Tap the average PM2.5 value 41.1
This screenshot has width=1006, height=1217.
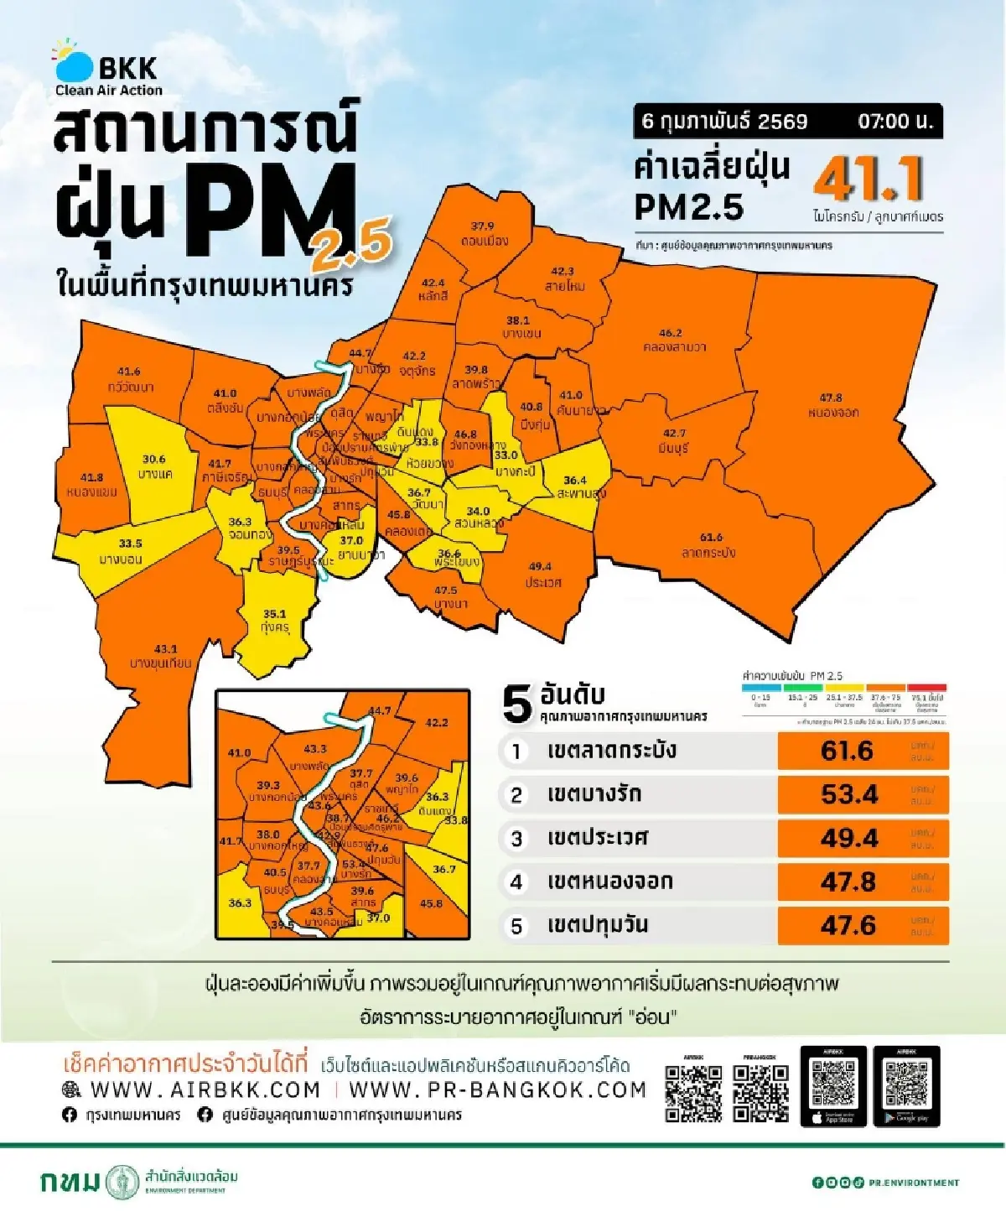pyautogui.click(x=868, y=179)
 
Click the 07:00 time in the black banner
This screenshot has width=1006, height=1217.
pyautogui.click(x=895, y=121)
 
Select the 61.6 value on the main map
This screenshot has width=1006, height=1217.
pyautogui.click(x=711, y=538)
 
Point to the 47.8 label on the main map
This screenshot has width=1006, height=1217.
pyautogui.click(x=831, y=398)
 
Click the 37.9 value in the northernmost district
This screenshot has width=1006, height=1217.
pyautogui.click(x=482, y=226)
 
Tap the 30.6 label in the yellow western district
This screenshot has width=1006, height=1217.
pyautogui.click(x=153, y=460)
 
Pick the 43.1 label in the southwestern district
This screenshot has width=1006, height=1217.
pyautogui.click(x=165, y=649)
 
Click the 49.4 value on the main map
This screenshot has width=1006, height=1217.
pyautogui.click(x=540, y=567)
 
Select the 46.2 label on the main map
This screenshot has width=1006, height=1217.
pyautogui.click(x=670, y=333)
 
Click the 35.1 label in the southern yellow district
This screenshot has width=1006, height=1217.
pyautogui.click(x=274, y=614)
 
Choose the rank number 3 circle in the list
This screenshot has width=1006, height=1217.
pyautogui.click(x=516, y=839)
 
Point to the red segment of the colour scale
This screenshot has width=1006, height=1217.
pyautogui.click(x=926, y=688)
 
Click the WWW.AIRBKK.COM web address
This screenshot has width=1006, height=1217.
pyautogui.click(x=205, y=1090)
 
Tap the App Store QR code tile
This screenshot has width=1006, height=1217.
pyautogui.click(x=833, y=1086)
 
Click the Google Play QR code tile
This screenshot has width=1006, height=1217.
pyautogui.click(x=906, y=1086)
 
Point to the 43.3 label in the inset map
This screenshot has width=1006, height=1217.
pyautogui.click(x=315, y=749)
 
